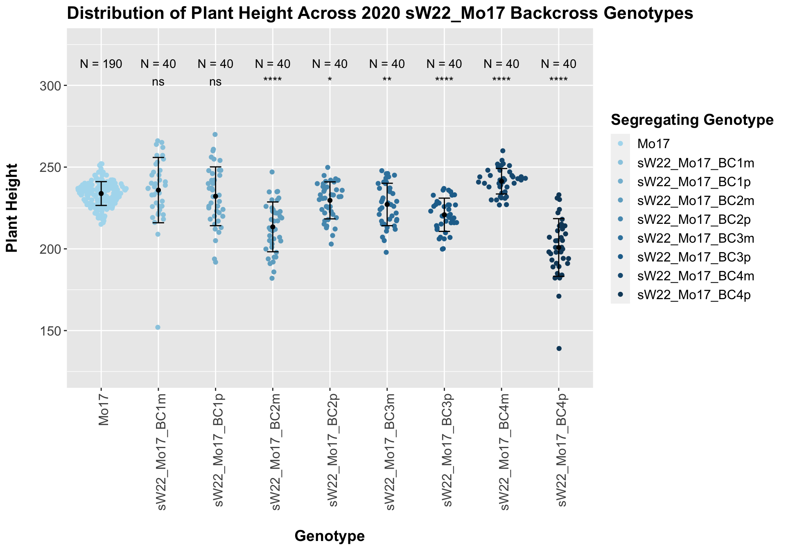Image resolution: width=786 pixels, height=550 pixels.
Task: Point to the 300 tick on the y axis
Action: pos(53,86)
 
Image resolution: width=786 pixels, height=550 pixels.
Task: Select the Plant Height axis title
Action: pos(13,207)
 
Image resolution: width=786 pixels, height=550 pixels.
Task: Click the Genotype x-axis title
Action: pos(330,536)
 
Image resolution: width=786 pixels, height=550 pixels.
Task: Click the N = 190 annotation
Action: pos(101,64)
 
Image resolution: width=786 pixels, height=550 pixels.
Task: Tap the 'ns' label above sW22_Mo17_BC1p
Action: pos(215,82)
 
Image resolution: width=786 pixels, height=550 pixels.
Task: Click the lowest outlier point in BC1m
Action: pos(158,327)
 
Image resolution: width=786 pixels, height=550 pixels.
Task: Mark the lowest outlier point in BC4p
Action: pos(559,349)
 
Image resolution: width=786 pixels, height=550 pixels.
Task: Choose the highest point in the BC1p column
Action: pos(215,134)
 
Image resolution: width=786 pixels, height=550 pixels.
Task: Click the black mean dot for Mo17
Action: pos(101,194)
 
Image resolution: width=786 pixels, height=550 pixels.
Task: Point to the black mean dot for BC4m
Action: pos(501,181)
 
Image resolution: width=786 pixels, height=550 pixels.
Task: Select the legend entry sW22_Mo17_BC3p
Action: pos(694,257)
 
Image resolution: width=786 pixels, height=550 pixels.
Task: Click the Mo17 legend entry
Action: pos(653,144)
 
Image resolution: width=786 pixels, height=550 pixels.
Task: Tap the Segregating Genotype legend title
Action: pos(692,120)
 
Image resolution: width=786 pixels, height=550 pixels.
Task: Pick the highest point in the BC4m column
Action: pos(503,151)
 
